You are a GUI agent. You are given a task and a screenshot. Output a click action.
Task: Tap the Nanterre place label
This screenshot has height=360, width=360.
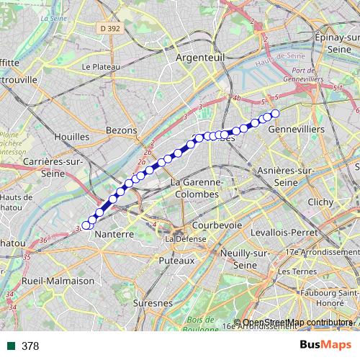coord(115,235)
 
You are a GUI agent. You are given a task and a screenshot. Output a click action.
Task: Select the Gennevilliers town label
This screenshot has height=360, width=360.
coord(296,128)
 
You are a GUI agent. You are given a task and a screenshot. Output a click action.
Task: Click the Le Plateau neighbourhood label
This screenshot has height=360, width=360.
coord(101,66)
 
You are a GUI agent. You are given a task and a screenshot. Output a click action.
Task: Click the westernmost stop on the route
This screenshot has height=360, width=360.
coord(86,225)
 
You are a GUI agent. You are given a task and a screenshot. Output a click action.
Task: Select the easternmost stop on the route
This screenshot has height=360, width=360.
coord(274,113)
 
